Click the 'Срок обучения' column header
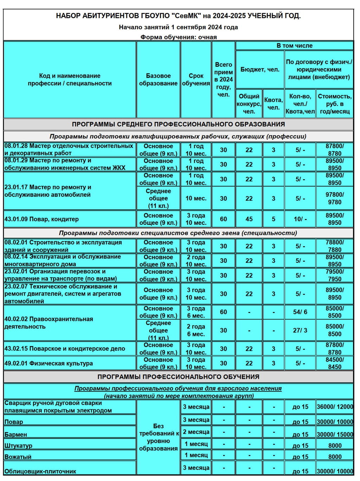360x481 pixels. pyautogui.click(x=196, y=79)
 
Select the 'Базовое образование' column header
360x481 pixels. pyautogui.click(x=158, y=79)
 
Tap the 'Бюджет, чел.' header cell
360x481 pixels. pyautogui.click(x=260, y=69)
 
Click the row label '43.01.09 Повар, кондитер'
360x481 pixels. pyautogui.click(x=41, y=219)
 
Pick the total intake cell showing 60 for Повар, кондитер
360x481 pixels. pyautogui.click(x=223, y=219)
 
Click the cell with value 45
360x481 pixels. pyautogui.click(x=249, y=219)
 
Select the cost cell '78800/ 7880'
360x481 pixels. pyautogui.click(x=335, y=246)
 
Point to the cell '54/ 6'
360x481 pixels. pyautogui.click(x=300, y=312)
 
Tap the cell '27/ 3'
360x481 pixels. pyautogui.click(x=300, y=330)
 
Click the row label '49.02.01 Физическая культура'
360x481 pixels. pyautogui.click(x=49, y=363)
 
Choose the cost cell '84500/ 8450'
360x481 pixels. pyautogui.click(x=335, y=363)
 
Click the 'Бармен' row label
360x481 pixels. pyautogui.click(x=16, y=434)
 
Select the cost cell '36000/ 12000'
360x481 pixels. pyautogui.click(x=335, y=407)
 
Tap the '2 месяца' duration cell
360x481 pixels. pyautogui.click(x=196, y=432)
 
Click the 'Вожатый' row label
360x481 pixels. pyautogui.click(x=18, y=457)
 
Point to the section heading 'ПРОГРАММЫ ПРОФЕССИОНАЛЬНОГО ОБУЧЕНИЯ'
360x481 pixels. pyautogui.click(x=178, y=377)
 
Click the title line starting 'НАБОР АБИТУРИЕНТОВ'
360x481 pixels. pyautogui.click(x=178, y=16)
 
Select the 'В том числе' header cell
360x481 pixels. pyautogui.click(x=294, y=46)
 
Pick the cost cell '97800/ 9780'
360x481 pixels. pyautogui.click(x=335, y=198)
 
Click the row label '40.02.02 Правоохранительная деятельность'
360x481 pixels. pyautogui.click(x=49, y=323)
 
